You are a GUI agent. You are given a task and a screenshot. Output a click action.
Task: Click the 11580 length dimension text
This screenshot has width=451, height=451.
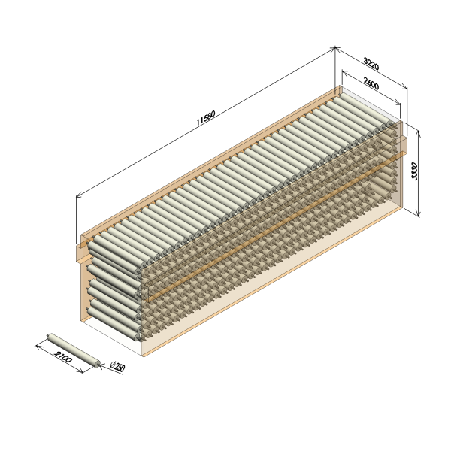(206, 118)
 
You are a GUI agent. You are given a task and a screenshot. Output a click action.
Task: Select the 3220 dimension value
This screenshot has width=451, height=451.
(371, 64)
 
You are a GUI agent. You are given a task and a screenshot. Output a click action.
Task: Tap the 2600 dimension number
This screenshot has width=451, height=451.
(371, 83)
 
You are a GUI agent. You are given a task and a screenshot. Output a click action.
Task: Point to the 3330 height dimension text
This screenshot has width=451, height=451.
(414, 171)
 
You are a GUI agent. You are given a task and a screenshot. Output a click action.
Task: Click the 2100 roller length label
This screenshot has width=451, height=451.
(62, 356)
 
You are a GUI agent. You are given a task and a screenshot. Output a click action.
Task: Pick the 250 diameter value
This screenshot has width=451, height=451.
(120, 367)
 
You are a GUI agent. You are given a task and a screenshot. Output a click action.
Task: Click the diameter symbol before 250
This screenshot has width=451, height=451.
(113, 364)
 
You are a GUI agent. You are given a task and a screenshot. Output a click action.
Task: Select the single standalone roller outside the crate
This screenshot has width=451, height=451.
(74, 350)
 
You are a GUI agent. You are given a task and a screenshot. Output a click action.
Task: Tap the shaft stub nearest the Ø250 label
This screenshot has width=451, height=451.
(100, 365)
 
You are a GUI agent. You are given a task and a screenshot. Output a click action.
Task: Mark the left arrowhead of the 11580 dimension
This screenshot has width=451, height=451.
(78, 196)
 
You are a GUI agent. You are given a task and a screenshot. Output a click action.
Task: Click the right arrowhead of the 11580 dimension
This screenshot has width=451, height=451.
(333, 49)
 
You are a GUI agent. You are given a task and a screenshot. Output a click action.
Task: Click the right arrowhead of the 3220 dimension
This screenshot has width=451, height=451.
(405, 87)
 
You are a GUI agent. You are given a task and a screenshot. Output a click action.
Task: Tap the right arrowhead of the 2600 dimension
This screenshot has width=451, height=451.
(398, 103)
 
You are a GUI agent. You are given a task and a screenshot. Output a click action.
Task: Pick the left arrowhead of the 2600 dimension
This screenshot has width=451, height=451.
(344, 72)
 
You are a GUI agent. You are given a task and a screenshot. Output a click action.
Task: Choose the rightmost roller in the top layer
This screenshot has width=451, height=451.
(366, 110)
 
